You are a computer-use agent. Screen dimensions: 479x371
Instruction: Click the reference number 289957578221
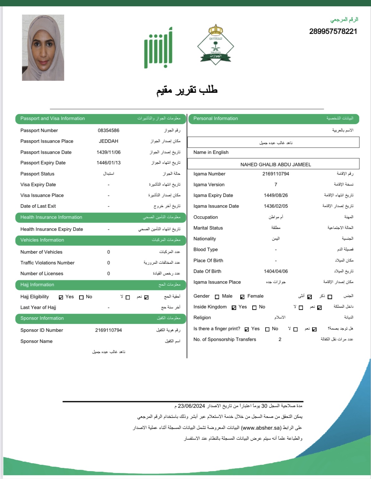coord(333,31)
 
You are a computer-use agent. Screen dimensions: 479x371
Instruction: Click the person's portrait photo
coord(43,47)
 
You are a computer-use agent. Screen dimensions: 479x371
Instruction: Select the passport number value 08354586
coord(109,130)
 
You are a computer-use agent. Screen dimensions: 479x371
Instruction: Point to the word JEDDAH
coord(109,141)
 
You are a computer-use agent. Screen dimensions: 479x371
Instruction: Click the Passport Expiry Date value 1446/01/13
coord(109,163)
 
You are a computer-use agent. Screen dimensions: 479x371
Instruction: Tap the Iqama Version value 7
coord(276,185)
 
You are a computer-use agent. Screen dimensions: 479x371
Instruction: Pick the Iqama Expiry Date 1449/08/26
coord(276,195)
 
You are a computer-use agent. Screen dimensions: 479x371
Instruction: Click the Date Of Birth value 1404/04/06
coord(276,271)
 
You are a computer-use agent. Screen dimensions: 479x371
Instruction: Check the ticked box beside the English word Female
coord(242,297)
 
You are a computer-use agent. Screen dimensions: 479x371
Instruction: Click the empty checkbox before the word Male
coord(217,297)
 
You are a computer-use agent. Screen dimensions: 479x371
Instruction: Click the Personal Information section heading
coord(216,118)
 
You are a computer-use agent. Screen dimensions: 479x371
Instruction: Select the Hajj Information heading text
coord(37,285)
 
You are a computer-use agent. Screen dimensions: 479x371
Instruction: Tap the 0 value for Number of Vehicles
coord(109,252)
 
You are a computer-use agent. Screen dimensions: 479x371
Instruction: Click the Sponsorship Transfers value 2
coord(280,339)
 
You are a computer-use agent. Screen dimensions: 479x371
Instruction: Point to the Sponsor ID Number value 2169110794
coord(109,330)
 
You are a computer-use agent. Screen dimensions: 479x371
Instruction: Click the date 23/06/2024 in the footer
coord(192,406)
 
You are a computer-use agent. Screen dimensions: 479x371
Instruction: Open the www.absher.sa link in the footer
coord(261,428)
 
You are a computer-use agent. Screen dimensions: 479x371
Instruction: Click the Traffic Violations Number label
coord(47,263)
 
